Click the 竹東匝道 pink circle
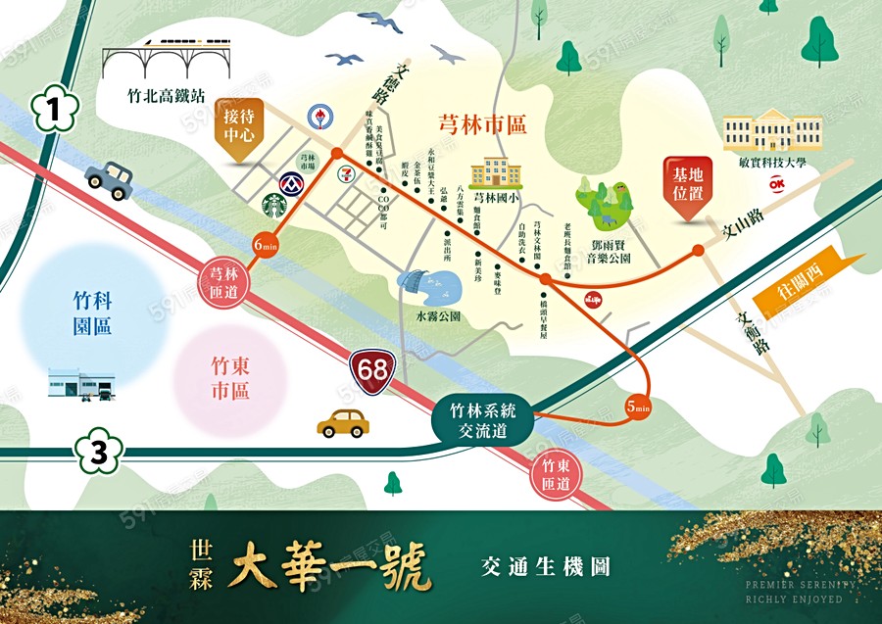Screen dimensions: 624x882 click(x=554, y=474)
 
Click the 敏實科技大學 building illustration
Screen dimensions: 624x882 click(x=771, y=132)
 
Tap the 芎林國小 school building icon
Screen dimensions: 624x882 click(x=495, y=172)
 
